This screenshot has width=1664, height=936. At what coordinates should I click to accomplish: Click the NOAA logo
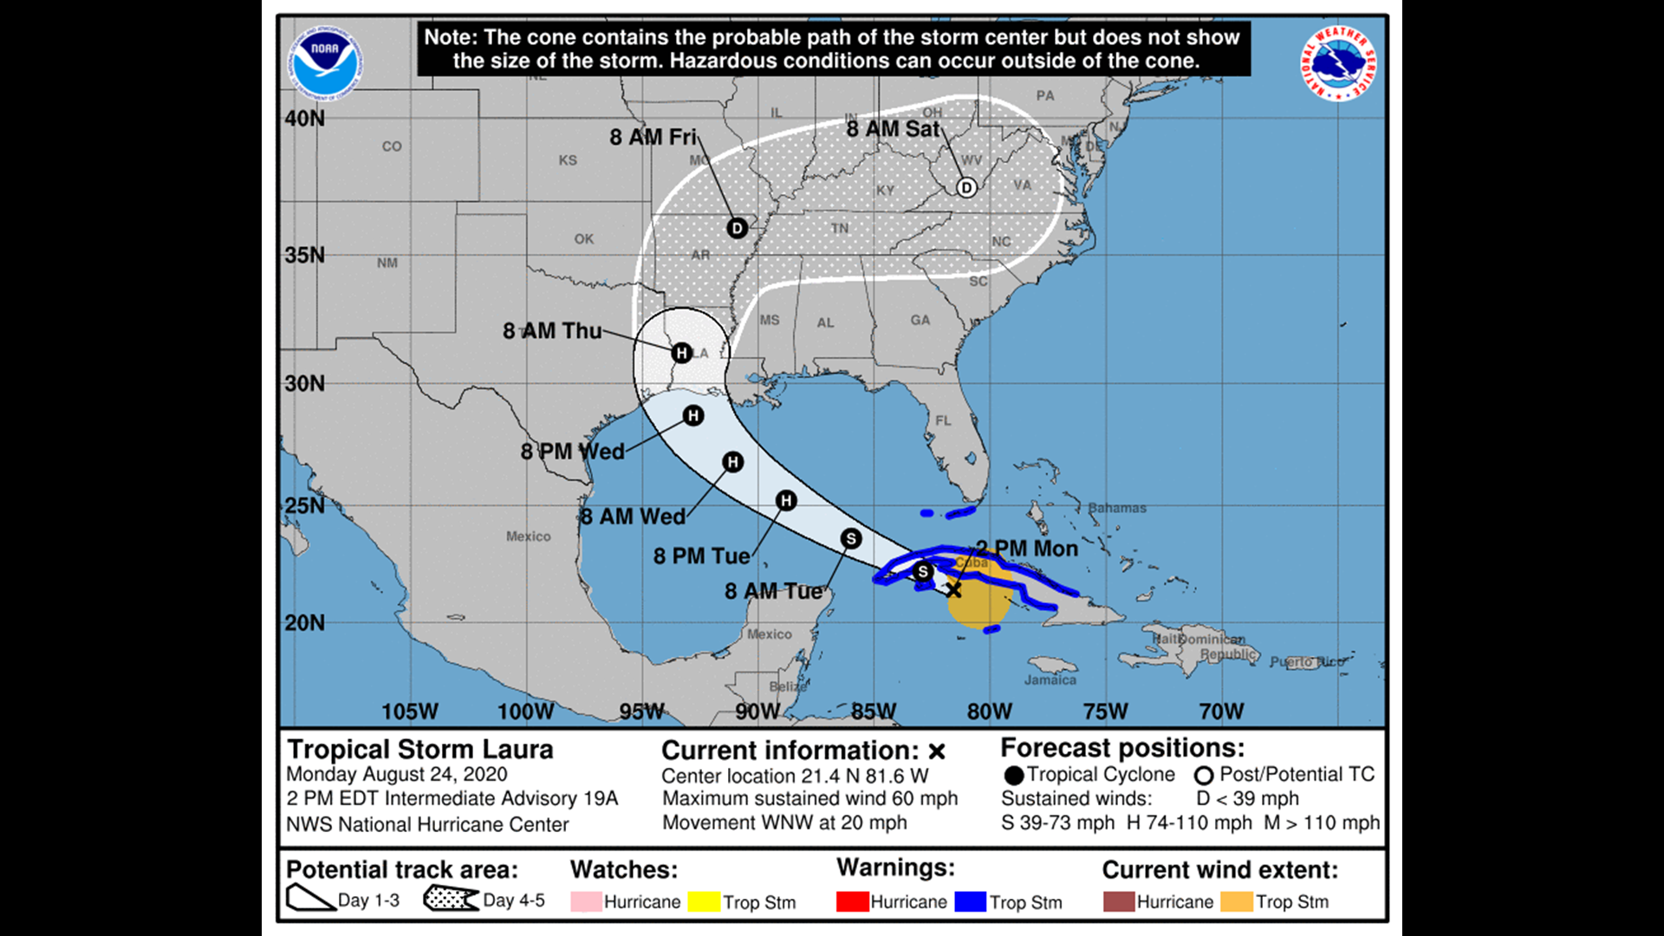click(325, 62)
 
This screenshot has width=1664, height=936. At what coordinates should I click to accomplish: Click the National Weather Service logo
click(1337, 62)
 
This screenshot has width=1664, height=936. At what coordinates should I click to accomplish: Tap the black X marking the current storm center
click(953, 590)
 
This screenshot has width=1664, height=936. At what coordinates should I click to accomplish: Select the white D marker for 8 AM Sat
click(966, 187)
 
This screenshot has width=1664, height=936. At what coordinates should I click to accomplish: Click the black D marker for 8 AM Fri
click(737, 228)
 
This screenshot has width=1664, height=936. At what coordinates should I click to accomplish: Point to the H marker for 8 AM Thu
click(681, 353)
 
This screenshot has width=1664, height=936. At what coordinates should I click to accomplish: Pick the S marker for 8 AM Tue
click(851, 539)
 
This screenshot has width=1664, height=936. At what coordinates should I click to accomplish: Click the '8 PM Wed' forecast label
click(572, 452)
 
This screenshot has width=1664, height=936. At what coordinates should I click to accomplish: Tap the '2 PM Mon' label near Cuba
click(1027, 549)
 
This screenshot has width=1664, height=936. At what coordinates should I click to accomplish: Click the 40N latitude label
click(305, 119)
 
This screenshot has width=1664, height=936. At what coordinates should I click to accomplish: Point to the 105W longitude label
click(410, 712)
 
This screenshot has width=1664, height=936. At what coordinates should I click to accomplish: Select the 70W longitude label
click(1221, 712)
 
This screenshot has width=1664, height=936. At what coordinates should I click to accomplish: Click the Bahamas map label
click(1117, 508)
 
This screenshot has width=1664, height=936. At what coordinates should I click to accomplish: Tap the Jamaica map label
click(1050, 680)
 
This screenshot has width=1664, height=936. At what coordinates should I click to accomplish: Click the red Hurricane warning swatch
click(852, 902)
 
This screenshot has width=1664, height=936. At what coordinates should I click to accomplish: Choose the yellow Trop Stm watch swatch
click(704, 902)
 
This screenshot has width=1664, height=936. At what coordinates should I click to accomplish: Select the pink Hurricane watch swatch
click(586, 902)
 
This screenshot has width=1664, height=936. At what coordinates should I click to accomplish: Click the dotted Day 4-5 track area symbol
click(451, 899)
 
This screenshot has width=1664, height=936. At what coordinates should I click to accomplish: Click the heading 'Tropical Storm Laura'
click(420, 750)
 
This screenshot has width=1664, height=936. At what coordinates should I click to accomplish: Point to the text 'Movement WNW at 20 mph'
click(784, 822)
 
